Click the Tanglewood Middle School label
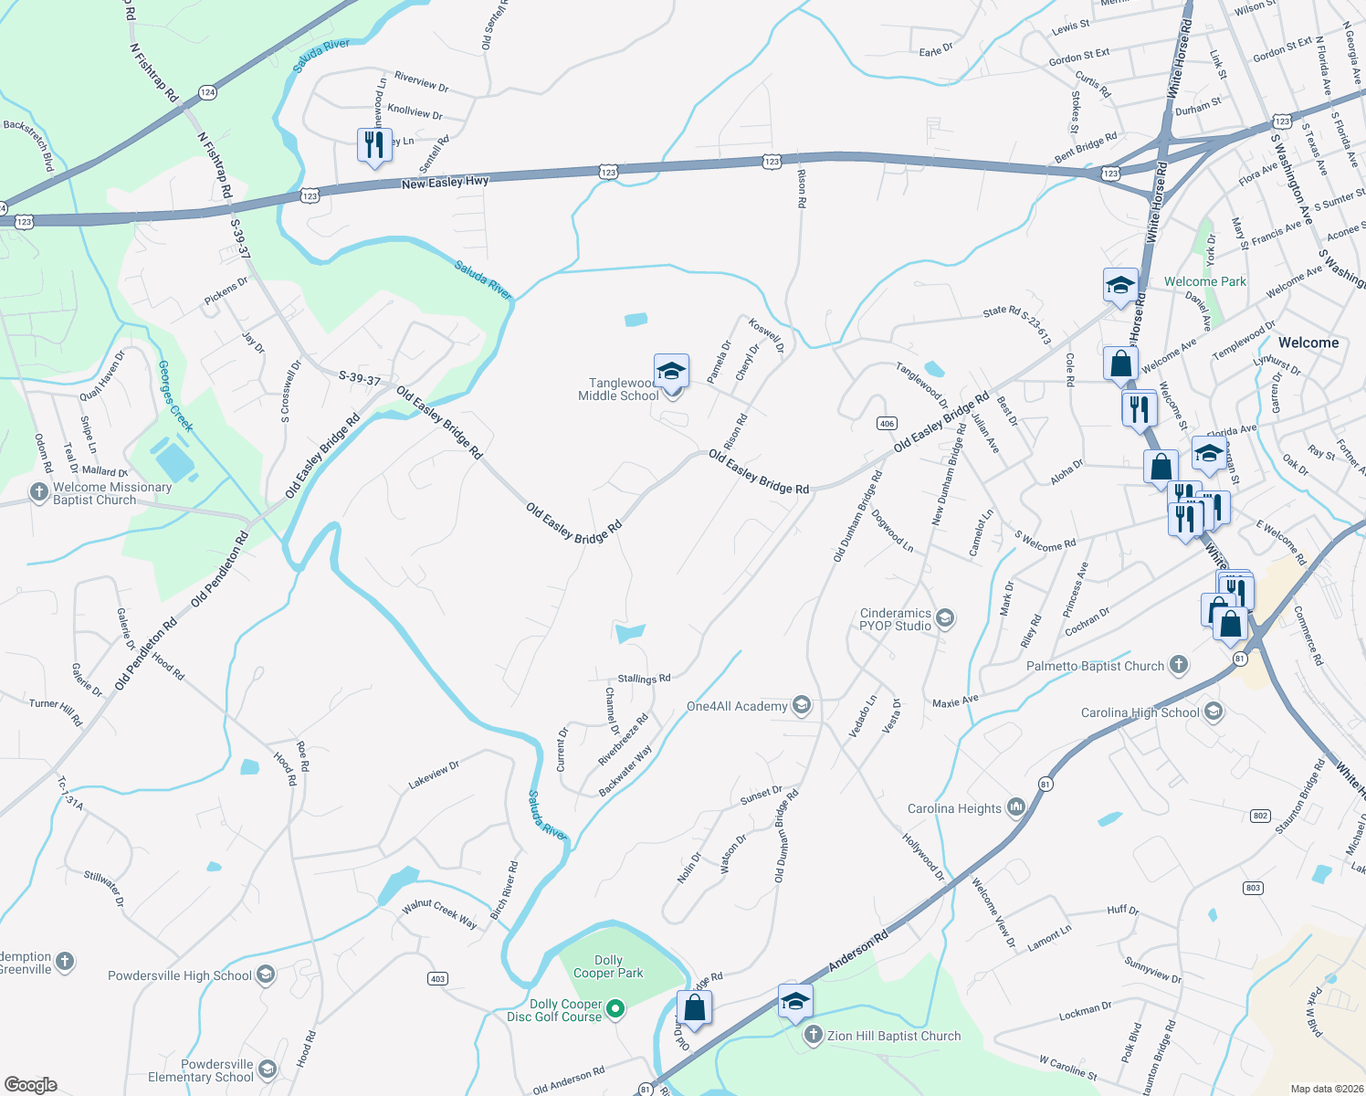[619, 390]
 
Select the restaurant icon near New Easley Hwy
[374, 145]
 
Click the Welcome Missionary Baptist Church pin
[38, 493]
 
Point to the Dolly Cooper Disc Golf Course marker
[615, 1009]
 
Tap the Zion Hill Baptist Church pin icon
[814, 1036]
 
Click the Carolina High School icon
[1214, 712]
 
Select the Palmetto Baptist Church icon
[1179, 666]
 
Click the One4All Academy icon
[801, 705]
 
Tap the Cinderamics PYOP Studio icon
[945, 619]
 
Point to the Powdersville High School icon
[265, 975]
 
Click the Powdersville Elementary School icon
[267, 1070]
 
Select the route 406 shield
[887, 423]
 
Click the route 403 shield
[438, 979]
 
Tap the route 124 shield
[207, 92]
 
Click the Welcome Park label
[1204, 281]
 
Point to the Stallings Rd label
[644, 679]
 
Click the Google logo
[30, 1085]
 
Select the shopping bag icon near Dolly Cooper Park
[694, 1007]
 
